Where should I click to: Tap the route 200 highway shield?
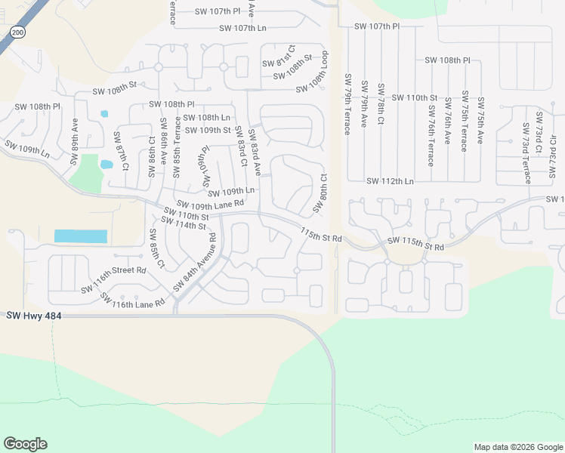(x=17, y=32)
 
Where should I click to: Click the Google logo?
(x=25, y=444)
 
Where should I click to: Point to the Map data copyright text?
(x=517, y=447)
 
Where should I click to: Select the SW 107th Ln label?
(x=242, y=28)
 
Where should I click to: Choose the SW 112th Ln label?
(x=390, y=181)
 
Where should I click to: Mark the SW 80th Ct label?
(x=319, y=193)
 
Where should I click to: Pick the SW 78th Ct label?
(x=381, y=105)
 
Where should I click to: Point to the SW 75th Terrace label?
(x=464, y=124)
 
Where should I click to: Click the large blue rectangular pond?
(x=80, y=236)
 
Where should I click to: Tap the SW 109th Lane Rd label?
(x=211, y=204)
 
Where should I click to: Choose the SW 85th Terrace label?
(x=178, y=146)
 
